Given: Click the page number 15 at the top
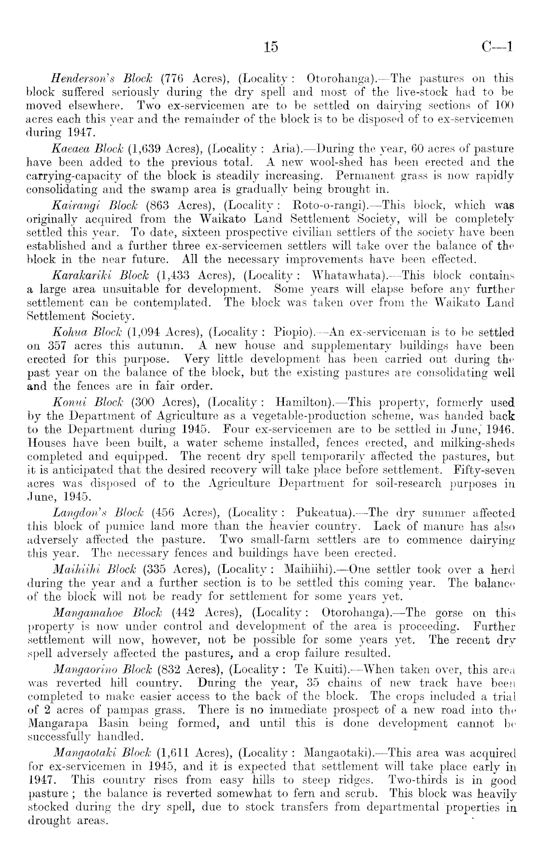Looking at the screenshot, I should click(x=271, y=46).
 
